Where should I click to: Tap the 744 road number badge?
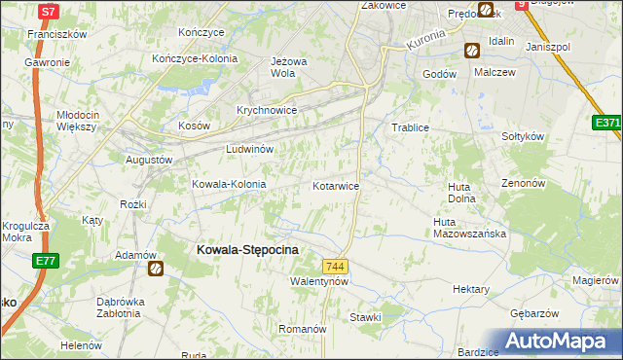(x=335, y=267)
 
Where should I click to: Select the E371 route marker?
(x=607, y=124)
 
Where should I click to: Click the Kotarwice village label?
(x=336, y=185)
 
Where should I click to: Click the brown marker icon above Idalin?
(x=472, y=51)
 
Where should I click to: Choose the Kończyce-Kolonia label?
(x=195, y=58)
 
